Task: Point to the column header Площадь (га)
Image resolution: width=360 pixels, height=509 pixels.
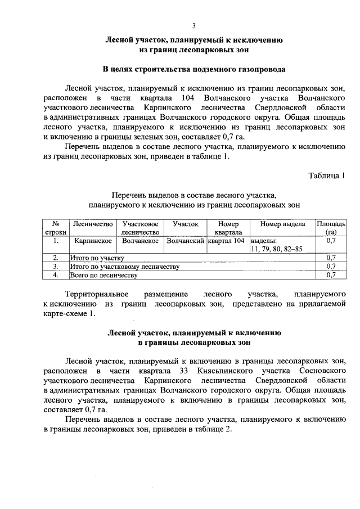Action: (331, 228)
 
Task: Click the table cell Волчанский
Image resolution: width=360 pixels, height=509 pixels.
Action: (186, 240)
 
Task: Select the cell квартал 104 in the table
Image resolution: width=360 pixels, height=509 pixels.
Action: (226, 240)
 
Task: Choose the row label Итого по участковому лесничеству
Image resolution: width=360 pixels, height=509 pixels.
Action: (124, 266)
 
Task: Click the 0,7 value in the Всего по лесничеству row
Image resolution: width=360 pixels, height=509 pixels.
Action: (331, 275)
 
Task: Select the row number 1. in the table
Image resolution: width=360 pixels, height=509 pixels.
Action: (56, 240)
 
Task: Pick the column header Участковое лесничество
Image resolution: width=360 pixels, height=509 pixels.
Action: (141, 228)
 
